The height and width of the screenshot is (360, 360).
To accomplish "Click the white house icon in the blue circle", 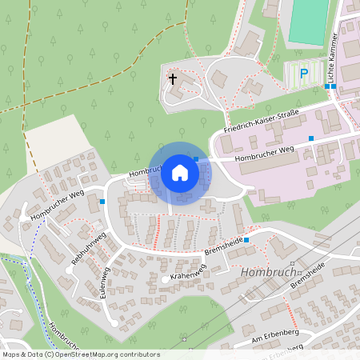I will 180,173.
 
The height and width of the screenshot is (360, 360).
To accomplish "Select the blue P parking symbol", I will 303,74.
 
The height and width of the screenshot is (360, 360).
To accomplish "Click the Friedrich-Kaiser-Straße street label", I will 261,122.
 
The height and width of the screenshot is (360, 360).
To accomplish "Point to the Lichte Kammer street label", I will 330,58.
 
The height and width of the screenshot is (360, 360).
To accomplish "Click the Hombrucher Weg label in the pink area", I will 265,153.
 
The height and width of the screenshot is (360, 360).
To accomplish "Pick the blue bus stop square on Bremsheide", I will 246,240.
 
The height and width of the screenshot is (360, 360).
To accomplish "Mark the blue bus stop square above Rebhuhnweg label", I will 103,202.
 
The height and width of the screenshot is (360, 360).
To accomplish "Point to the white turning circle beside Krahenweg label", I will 165,279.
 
